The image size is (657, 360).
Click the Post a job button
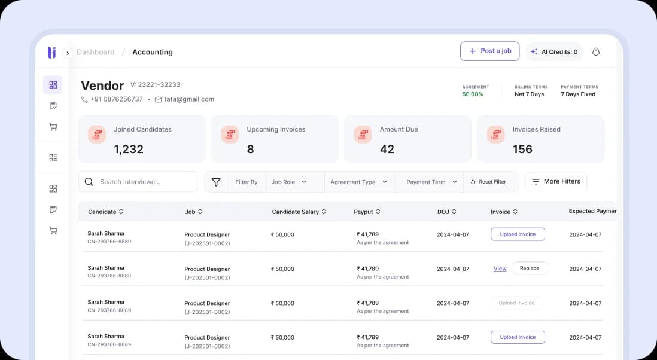point(489,51)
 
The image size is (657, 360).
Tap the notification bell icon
point(596,52)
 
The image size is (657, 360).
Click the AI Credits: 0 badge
point(554,52)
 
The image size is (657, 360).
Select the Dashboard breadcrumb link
point(96,52)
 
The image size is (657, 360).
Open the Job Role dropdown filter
point(289,182)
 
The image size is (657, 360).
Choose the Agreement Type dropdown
point(358,182)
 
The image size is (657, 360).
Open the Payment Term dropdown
point(431,182)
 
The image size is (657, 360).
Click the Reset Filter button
point(488,182)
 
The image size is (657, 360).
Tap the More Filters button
point(556,181)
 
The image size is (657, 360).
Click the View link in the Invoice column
point(500,269)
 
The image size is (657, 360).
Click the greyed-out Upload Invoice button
point(516,303)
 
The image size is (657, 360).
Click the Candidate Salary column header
point(299,212)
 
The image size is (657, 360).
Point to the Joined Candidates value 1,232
point(129,149)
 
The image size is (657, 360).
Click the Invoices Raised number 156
point(522,149)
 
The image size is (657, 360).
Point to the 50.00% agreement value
point(472,94)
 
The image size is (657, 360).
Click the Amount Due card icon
point(363,135)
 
